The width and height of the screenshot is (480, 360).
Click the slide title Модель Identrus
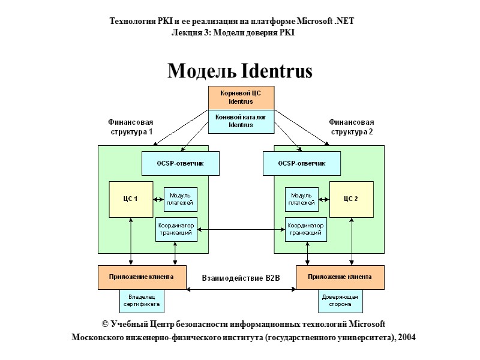240,71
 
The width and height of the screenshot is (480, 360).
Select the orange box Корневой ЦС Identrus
241,97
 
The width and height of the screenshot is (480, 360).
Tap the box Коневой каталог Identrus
241,121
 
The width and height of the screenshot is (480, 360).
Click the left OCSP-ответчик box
180,163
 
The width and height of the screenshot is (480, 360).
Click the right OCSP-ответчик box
302,163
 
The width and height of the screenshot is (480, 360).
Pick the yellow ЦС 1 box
131,199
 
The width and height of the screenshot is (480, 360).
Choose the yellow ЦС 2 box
352,199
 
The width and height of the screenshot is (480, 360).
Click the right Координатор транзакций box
305,229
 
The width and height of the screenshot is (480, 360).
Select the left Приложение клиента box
141,277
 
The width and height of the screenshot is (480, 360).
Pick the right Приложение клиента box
340,277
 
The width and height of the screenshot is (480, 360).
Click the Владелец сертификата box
142,301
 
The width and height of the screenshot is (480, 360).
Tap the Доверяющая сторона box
340,301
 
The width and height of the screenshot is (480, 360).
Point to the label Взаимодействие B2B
241,278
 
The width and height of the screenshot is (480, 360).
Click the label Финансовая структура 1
130,127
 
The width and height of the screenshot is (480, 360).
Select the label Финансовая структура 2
352,127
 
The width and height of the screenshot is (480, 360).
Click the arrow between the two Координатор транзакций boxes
240,229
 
